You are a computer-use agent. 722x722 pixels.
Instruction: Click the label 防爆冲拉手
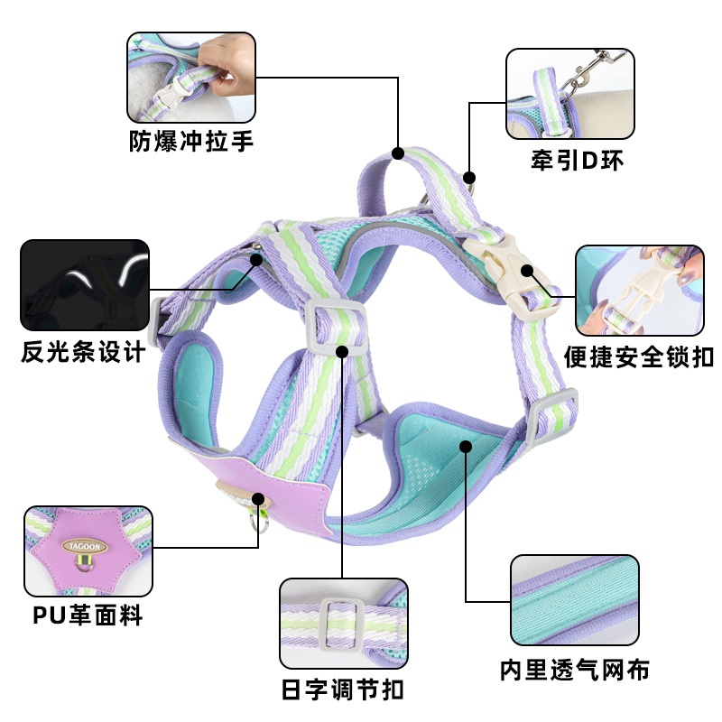pyautogui.click(x=191, y=142)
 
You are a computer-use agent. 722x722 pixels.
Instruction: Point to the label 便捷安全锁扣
pyautogui.click(x=639, y=356)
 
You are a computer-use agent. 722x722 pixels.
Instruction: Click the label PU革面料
pyautogui.click(x=88, y=616)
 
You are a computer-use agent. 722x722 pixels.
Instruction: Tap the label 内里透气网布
pyautogui.click(x=575, y=669)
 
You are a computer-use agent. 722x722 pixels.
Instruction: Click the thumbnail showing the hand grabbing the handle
pyautogui.click(x=191, y=79)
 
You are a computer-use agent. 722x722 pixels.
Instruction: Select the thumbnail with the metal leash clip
pyautogui.click(x=569, y=94)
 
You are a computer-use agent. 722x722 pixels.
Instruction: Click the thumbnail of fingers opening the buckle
pyautogui.click(x=639, y=288)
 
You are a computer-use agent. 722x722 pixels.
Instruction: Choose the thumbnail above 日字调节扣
pyautogui.click(x=344, y=623)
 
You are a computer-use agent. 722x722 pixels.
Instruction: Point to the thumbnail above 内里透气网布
pyautogui.click(x=575, y=599)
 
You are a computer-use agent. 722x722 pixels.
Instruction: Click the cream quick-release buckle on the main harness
pyautogui.click(x=507, y=270)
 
